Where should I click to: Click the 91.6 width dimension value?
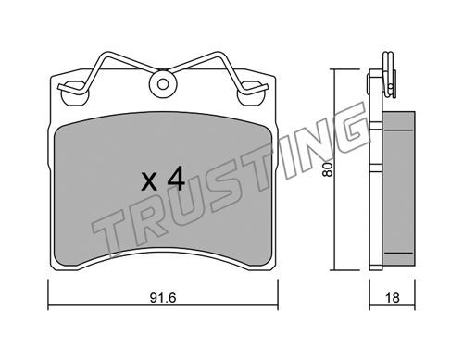click(x=163, y=298)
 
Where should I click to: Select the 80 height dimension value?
click(x=327, y=169)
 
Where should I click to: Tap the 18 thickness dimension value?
click(x=393, y=298)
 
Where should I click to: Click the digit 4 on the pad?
click(x=176, y=180)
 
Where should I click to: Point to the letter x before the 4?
click(x=149, y=182)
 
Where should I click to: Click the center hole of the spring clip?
click(x=163, y=84)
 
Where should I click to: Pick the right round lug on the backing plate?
click(x=251, y=94)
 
